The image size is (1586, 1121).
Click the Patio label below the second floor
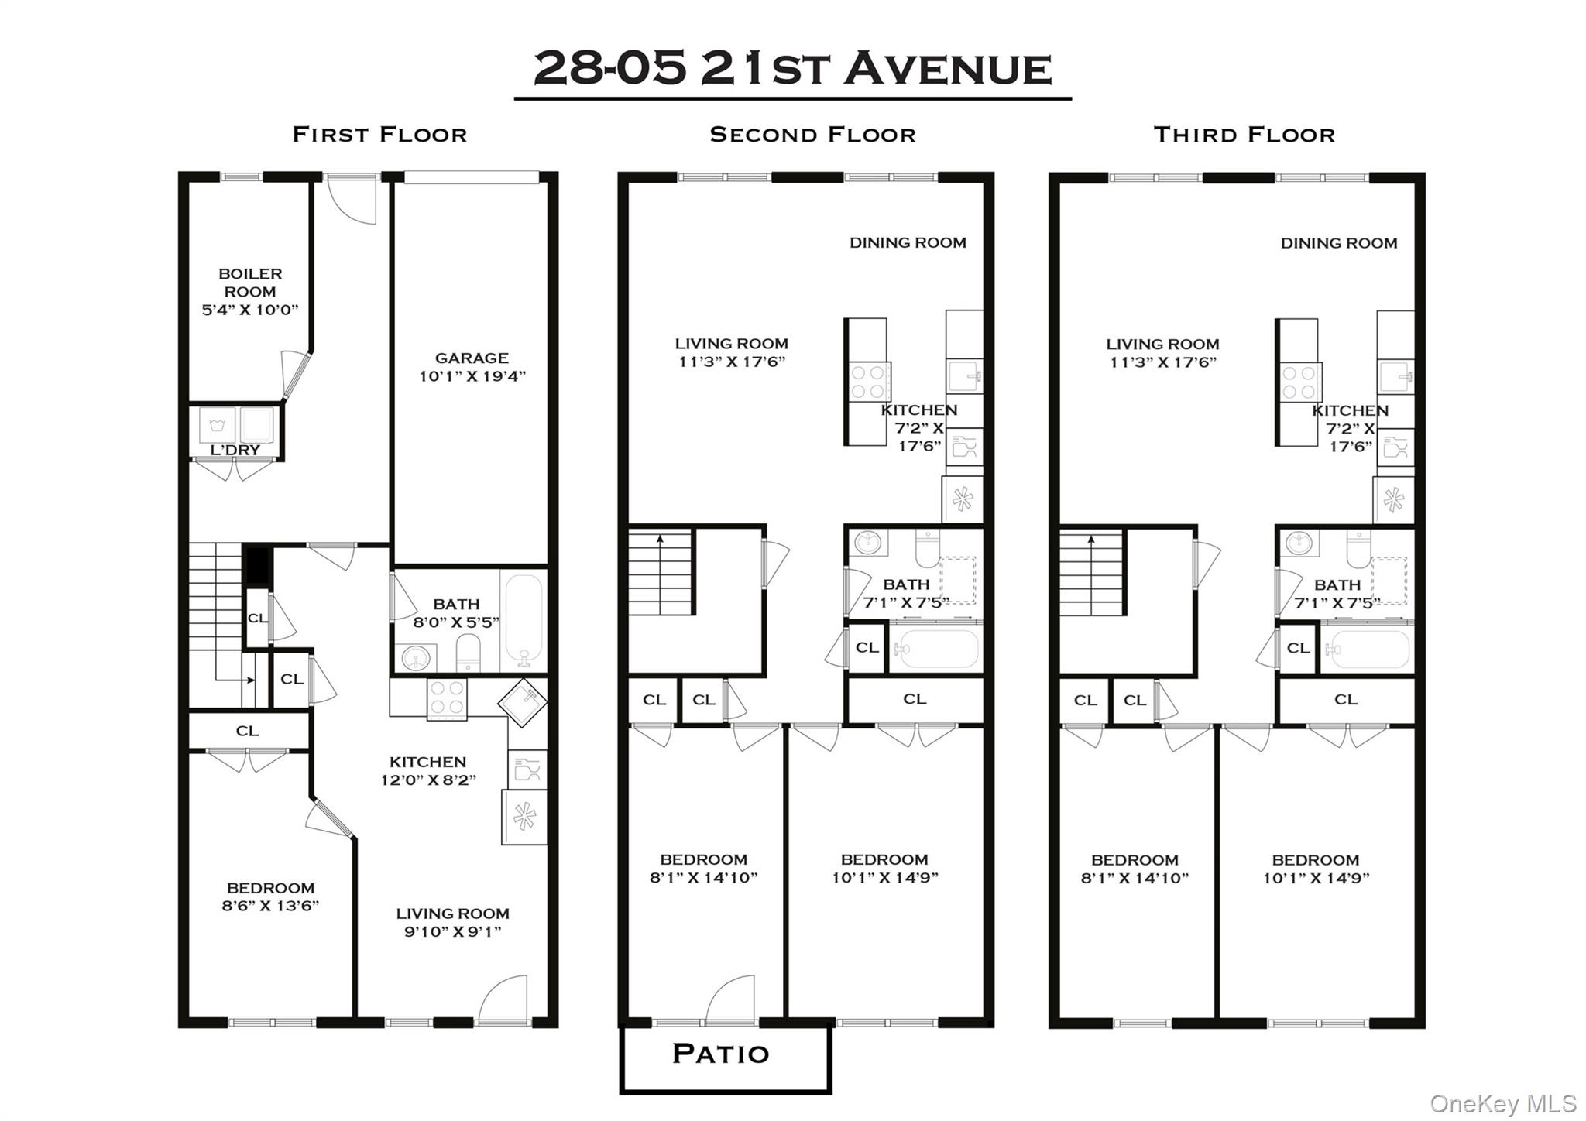pyautogui.click(x=720, y=1054)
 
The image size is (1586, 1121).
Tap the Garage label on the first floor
pyautogui.click(x=472, y=358)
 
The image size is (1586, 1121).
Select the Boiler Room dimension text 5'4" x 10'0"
pyautogui.click(x=249, y=310)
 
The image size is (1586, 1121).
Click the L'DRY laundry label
pyautogui.click(x=235, y=450)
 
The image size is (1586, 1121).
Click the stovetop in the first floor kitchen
pyautogui.click(x=447, y=698)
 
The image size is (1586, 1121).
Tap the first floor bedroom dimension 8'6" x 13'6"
pyautogui.click(x=270, y=906)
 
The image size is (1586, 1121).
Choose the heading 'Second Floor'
pyautogui.click(x=812, y=135)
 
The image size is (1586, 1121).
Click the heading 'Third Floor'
pyautogui.click(x=1244, y=135)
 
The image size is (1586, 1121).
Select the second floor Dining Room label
pyautogui.click(x=908, y=242)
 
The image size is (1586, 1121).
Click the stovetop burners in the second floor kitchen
pyautogui.click(x=868, y=382)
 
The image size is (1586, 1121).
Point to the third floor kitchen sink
pyautogui.click(x=1395, y=377)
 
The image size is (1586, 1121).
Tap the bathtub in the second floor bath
pyautogui.click(x=935, y=649)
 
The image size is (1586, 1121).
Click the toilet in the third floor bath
pyautogui.click(x=1358, y=547)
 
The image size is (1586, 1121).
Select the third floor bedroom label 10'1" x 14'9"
pyautogui.click(x=1316, y=878)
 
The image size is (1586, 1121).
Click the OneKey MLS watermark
pyautogui.click(x=1502, y=1103)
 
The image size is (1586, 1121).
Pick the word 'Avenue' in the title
pyautogui.click(x=949, y=69)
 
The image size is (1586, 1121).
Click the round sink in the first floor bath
pyautogui.click(x=416, y=659)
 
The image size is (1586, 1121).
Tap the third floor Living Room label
pyautogui.click(x=1162, y=345)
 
